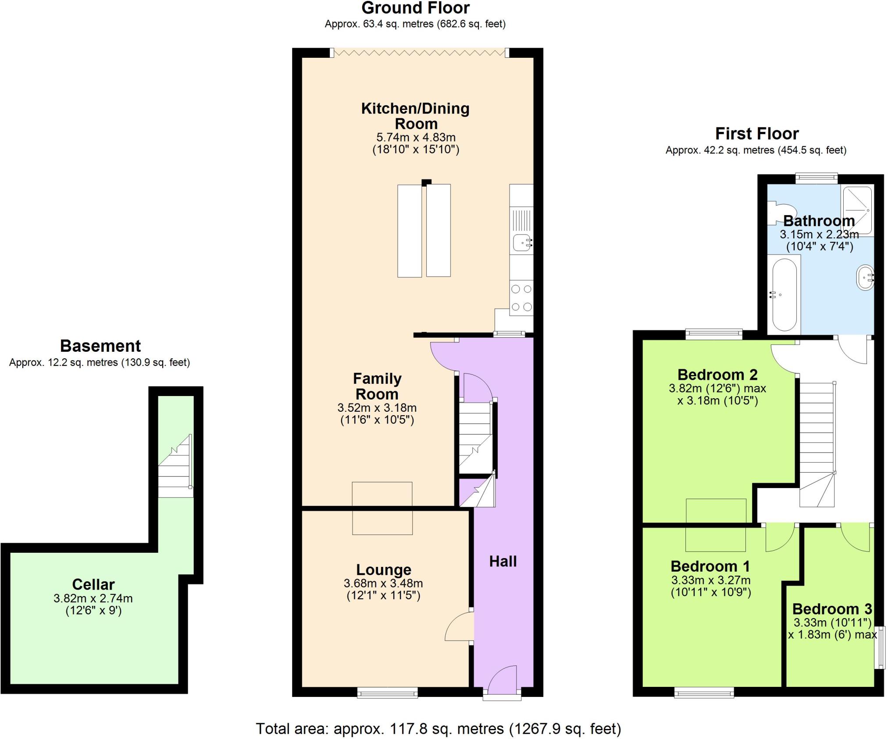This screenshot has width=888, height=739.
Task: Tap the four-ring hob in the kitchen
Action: [521, 298]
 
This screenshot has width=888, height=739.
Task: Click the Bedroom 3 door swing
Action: [855, 538]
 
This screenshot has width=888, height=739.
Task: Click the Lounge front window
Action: [387, 692]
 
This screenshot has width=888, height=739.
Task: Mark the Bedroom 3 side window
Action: [880, 647]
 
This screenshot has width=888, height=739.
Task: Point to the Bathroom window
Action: [816, 177]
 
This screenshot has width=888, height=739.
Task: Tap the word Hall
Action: [503, 562]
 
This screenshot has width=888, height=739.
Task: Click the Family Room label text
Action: [377, 386]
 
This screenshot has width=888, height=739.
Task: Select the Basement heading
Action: [100, 346]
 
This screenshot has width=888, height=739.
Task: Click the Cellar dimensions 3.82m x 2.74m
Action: [93, 598]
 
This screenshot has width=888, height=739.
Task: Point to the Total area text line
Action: [438, 728]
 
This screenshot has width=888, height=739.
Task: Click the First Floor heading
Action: [756, 133]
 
